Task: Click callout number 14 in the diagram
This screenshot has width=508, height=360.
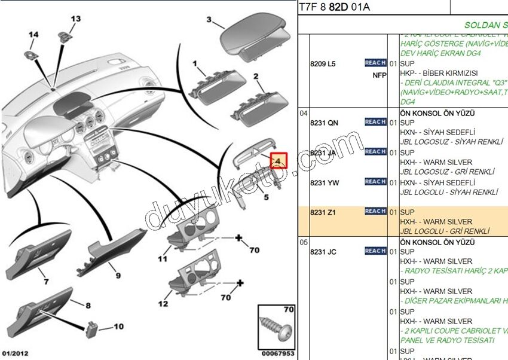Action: tap(33, 35)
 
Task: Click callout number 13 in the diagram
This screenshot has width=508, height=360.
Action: tap(75, 19)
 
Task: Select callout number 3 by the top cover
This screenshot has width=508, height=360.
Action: tap(209, 20)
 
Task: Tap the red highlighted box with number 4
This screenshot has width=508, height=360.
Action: tap(279, 160)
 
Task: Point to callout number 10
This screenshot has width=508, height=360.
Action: tap(118, 327)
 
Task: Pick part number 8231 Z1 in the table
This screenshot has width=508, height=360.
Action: tap(323, 212)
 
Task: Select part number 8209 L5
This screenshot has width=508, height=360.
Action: tap(323, 63)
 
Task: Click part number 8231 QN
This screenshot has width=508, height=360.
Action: tap(324, 123)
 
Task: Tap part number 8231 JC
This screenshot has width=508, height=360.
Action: tap(323, 252)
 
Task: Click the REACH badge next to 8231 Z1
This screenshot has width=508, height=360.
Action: tap(375, 211)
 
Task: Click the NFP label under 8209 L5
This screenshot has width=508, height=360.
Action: tap(380, 75)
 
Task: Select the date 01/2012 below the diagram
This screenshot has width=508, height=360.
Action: tap(15, 353)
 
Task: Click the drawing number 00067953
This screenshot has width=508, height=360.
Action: tap(279, 353)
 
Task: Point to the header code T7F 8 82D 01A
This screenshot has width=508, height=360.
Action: tap(334, 7)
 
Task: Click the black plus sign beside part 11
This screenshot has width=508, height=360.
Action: tap(238, 239)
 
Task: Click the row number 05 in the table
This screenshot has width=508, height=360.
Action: tap(304, 242)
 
